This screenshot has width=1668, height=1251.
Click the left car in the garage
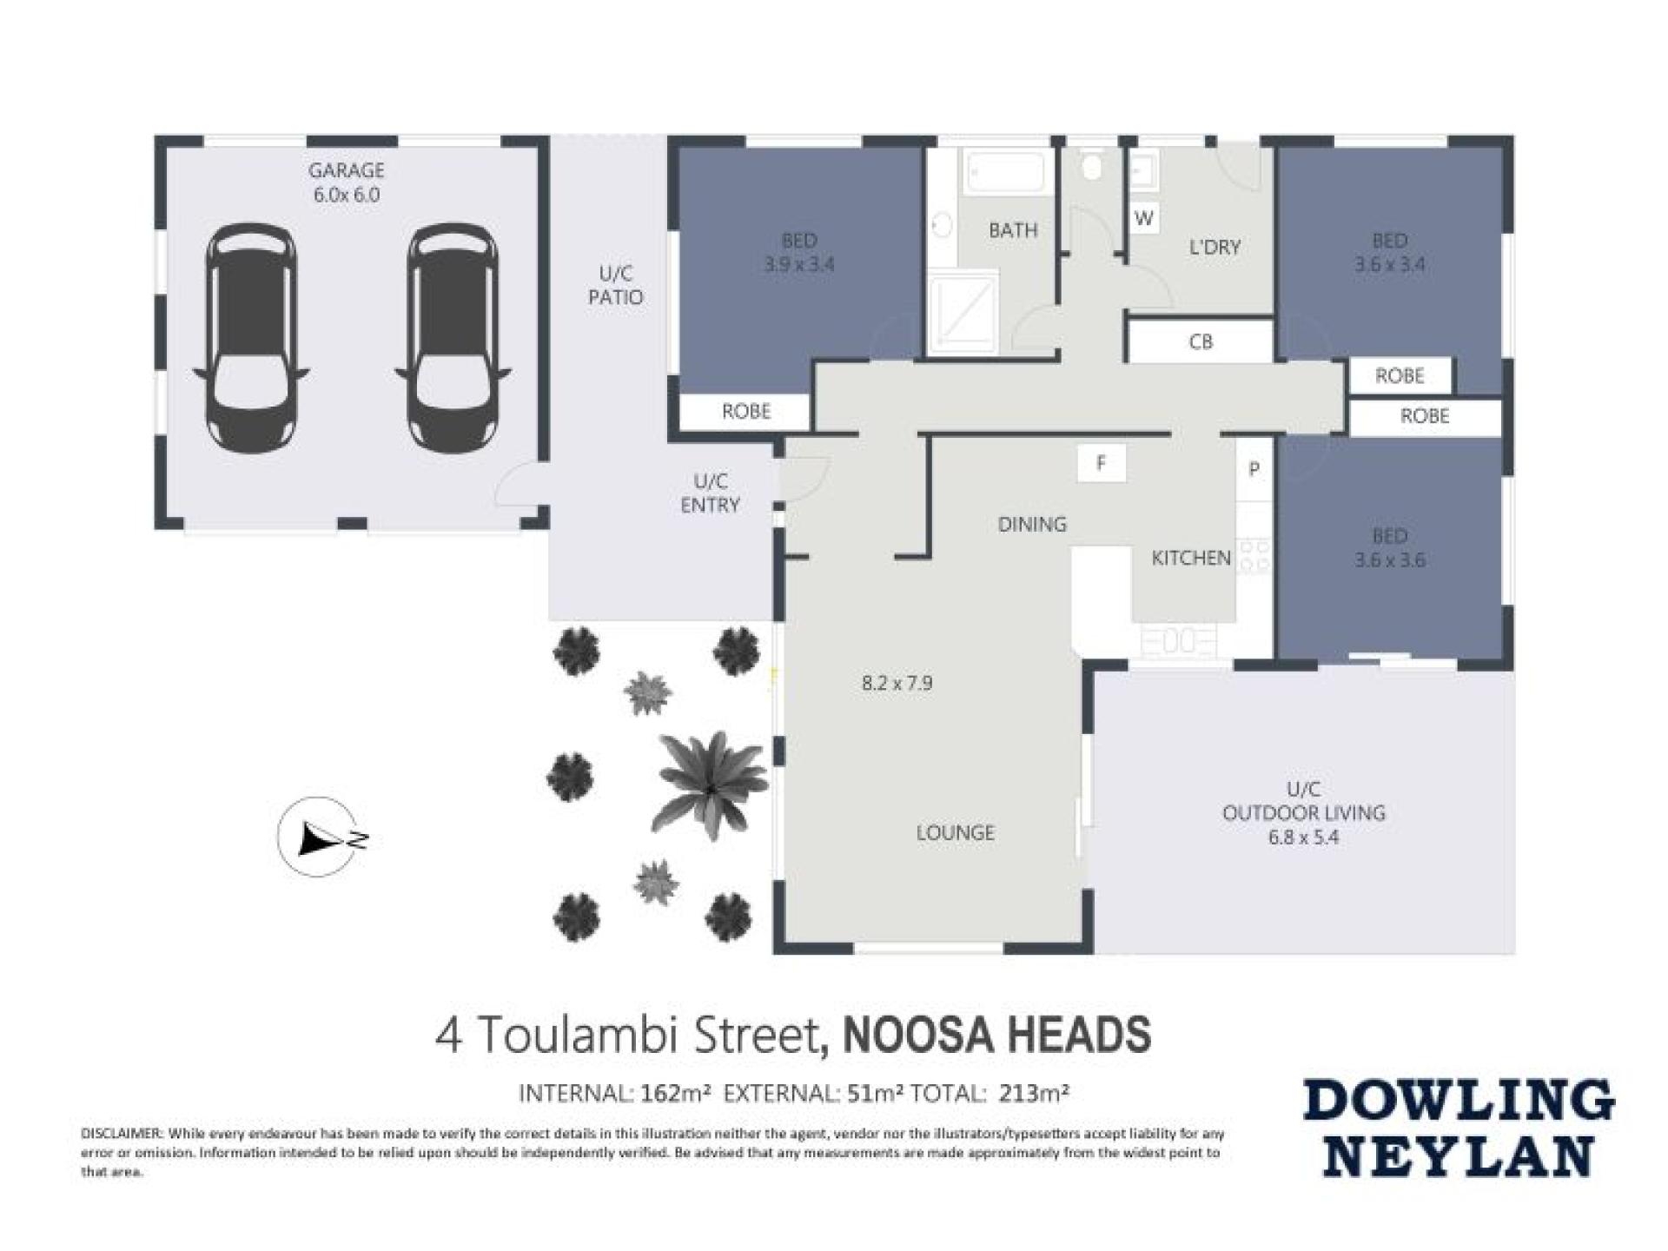[252, 339]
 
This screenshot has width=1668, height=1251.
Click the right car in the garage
[453, 339]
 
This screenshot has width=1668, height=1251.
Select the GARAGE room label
[346, 170]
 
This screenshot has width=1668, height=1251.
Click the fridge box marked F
[1102, 463]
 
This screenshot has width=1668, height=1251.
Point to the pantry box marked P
[1254, 470]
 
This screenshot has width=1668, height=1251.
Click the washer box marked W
[1144, 218]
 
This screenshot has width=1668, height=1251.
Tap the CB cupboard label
[1201, 342]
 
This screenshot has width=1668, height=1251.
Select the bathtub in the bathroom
[1004, 172]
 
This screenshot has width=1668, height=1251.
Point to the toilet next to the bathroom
[1091, 167]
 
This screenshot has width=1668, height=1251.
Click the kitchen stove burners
[1254, 556]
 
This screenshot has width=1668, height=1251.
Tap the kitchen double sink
[1178, 642]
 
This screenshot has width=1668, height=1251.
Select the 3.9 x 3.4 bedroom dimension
[798, 264]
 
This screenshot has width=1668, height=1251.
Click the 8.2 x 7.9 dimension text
[897, 683]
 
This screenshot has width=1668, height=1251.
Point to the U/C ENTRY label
[710, 493]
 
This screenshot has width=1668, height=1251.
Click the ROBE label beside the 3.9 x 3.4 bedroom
[746, 412]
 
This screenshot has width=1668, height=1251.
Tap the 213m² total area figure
[1034, 1093]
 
